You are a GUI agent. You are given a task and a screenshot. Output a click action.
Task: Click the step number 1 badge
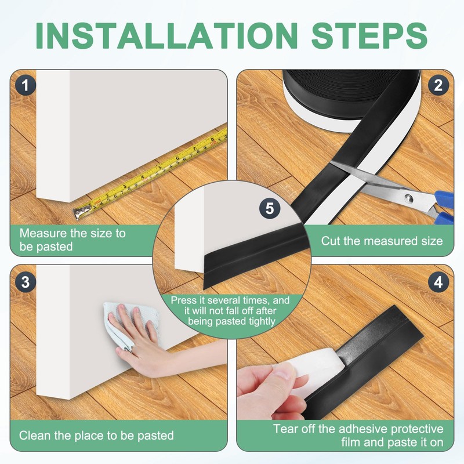coord(26,85)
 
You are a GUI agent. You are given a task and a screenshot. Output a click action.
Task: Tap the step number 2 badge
coord(438,85)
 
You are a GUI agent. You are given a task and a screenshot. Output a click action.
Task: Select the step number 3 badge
coord(26,281)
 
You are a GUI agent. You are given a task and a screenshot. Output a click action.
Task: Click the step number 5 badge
coord(270,208)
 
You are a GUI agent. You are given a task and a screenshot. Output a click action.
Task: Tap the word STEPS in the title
coord(369,35)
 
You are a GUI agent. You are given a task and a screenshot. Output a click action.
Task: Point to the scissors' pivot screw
coord(408,197)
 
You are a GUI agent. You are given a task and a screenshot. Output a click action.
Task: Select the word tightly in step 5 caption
coord(262,321)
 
